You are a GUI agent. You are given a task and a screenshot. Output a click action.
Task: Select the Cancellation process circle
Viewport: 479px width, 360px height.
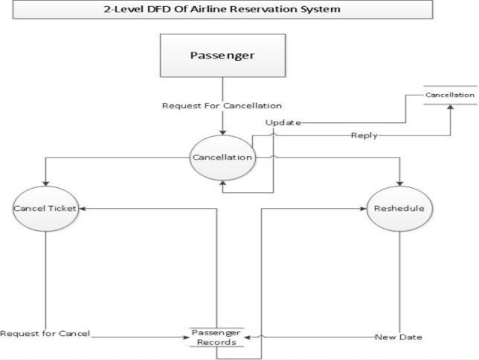click(x=222, y=157)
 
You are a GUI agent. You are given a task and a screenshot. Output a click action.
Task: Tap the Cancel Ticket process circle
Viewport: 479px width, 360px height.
click(x=47, y=208)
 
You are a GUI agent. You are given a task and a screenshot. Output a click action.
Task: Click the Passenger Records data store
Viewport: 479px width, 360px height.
click(x=217, y=337)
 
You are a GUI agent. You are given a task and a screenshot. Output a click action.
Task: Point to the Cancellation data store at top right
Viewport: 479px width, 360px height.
click(x=450, y=96)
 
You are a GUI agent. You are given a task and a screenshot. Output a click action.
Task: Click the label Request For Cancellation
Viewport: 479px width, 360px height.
click(x=222, y=105)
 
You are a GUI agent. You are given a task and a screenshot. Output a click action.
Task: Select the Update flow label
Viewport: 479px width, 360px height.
click(x=283, y=122)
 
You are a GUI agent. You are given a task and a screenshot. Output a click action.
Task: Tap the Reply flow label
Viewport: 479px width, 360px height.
click(x=363, y=136)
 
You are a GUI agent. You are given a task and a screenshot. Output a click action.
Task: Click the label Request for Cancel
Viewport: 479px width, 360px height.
click(x=45, y=334)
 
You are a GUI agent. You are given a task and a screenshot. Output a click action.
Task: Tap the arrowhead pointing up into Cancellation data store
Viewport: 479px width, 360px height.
click(x=450, y=107)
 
